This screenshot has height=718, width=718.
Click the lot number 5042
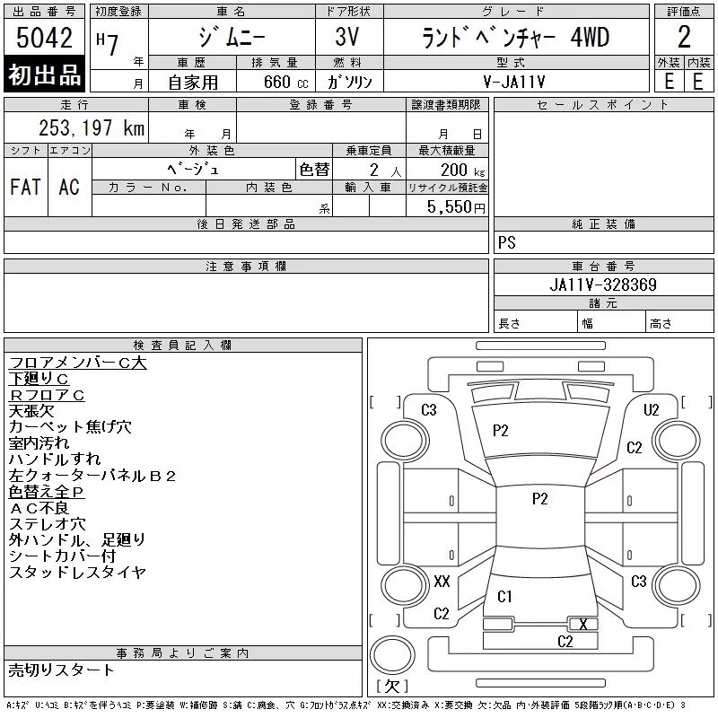[x=44, y=38]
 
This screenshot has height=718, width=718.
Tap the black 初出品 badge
[x=44, y=74]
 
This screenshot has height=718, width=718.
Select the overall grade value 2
[x=684, y=37]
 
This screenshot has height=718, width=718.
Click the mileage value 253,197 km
[x=92, y=127]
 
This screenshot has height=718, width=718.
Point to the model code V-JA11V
[x=514, y=82]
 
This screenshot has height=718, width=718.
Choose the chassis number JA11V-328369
[x=603, y=285]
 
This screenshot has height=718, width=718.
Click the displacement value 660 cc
[x=285, y=82]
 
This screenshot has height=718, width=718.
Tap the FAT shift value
[x=26, y=187]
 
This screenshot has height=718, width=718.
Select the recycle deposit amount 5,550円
[x=456, y=207]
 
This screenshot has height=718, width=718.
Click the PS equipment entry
[x=507, y=242]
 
